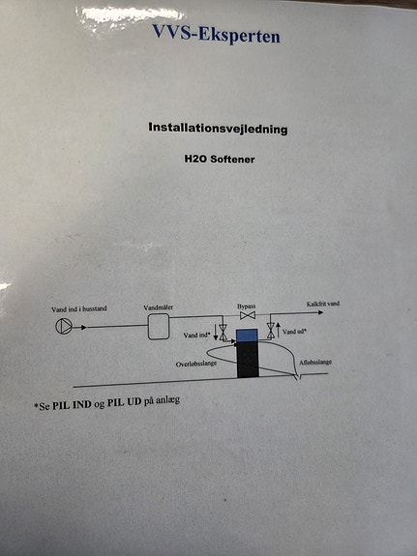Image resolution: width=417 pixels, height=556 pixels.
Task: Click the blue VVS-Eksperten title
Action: [216, 35]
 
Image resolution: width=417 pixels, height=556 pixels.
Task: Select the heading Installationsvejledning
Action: [218, 128]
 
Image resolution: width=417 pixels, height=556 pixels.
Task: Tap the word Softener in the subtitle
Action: [232, 160]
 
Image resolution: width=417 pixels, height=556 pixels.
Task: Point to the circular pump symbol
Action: [64, 326]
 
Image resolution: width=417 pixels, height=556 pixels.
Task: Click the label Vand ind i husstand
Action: [78, 309]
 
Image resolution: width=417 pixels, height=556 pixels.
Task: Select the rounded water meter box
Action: [159, 327]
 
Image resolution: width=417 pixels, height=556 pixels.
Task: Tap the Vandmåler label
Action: [159, 307]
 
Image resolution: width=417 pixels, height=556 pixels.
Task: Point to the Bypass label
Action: [247, 307]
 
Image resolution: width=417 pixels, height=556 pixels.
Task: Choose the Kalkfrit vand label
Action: [323, 304]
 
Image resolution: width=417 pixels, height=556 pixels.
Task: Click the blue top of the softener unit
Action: [247, 336]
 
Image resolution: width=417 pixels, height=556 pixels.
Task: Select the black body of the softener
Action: [248, 360]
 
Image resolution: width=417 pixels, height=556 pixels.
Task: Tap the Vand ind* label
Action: [197, 335]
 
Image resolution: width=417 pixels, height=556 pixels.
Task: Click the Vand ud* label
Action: [294, 332]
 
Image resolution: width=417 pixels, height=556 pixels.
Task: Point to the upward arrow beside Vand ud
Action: [279, 330]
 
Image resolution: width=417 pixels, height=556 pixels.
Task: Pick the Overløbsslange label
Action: [196, 364]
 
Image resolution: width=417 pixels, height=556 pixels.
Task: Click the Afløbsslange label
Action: [315, 363]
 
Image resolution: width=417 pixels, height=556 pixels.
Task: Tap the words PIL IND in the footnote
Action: [72, 404]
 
